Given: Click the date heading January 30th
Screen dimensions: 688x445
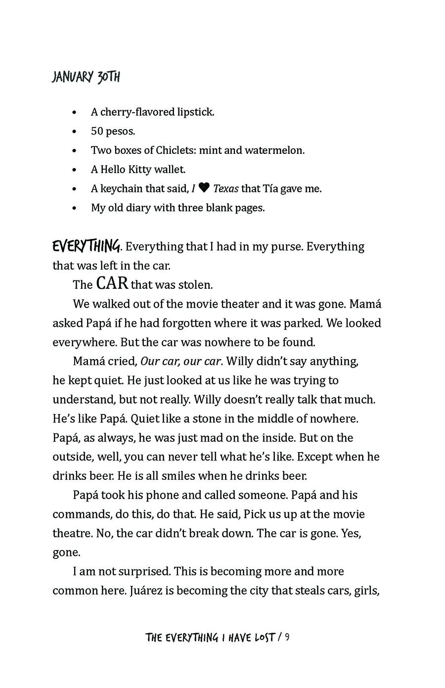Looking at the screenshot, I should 86,78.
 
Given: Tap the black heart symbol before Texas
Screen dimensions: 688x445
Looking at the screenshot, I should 204,188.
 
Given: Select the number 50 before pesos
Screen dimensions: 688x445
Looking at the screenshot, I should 96,131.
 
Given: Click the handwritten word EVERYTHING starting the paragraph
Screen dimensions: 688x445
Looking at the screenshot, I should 86,245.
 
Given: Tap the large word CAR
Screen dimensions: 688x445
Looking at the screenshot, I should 112,283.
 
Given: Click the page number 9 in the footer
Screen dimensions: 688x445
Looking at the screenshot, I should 287,638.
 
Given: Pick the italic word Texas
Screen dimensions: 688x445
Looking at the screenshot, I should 225,188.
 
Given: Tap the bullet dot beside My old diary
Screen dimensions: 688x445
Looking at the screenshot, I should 74,208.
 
